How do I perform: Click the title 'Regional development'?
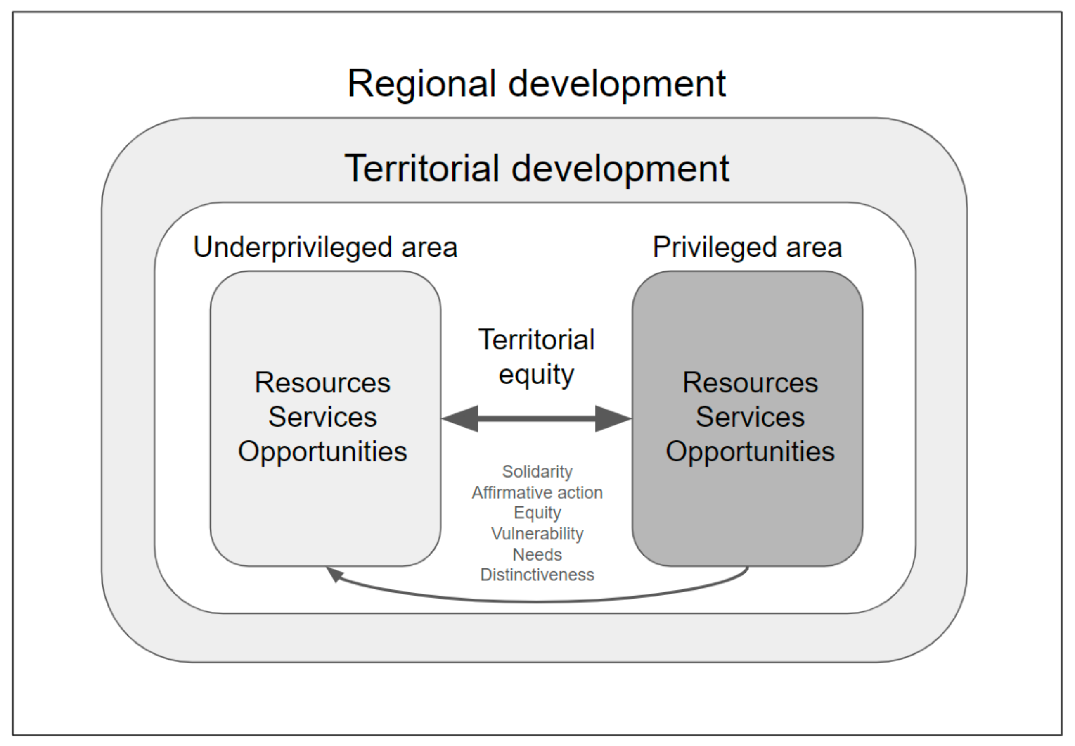coord(536,84)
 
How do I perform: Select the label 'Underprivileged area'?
coord(325,247)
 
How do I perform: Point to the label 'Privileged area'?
coord(747,247)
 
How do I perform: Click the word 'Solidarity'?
coord(537,472)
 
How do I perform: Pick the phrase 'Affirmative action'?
coord(537,493)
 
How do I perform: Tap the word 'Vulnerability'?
coord(537,533)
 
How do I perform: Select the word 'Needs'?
coord(537,554)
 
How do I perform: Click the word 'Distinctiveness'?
coord(537,575)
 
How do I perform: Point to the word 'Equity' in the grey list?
coord(537,513)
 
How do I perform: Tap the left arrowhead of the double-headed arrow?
coord(461,419)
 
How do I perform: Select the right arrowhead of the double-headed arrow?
coord(612,419)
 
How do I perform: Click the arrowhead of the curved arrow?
coord(334,574)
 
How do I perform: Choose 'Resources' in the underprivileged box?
coord(322,383)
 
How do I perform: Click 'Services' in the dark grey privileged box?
coord(750,417)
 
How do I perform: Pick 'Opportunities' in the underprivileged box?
coord(322,451)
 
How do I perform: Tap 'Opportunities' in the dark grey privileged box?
coord(750,451)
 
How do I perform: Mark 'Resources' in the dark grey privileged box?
coord(750,383)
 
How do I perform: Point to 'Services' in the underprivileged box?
coord(322,417)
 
